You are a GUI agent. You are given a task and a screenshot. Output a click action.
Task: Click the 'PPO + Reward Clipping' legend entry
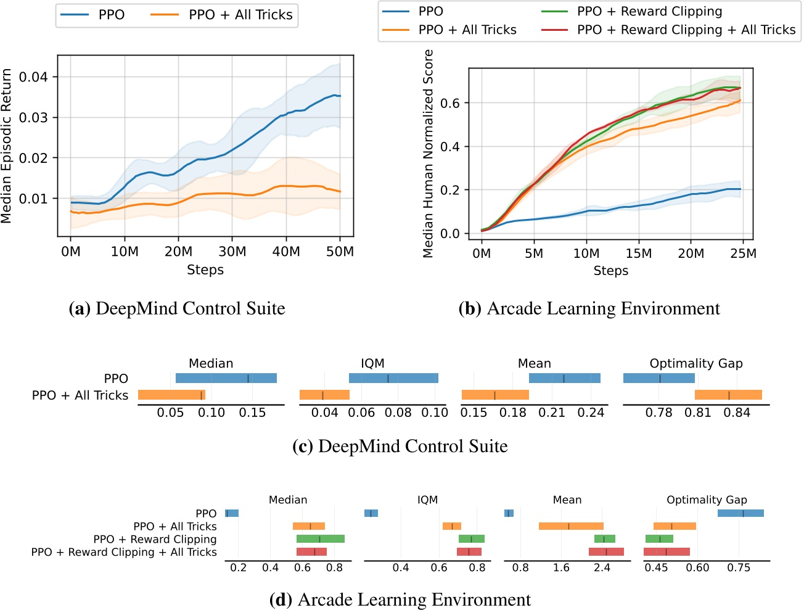point(649,11)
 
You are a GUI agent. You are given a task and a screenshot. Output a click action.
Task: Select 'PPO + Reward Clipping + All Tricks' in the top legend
point(686,30)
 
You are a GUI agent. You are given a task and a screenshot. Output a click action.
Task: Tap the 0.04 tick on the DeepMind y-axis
point(33,77)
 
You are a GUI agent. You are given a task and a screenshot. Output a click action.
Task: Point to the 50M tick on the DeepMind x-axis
point(340,252)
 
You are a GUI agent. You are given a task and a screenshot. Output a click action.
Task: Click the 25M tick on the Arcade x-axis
point(743,253)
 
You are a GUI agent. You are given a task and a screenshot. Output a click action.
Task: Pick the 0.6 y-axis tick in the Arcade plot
point(450,103)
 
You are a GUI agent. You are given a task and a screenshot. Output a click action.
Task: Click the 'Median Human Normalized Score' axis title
point(429,153)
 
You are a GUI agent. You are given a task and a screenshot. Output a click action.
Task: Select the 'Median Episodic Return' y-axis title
point(7,146)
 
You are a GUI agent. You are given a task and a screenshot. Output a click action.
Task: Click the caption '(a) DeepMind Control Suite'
point(177,308)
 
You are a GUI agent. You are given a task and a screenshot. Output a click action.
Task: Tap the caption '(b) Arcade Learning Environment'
point(589,308)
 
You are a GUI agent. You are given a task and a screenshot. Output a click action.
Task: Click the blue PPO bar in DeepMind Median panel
point(226,378)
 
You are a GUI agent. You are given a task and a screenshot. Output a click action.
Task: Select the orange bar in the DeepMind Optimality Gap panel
point(728,395)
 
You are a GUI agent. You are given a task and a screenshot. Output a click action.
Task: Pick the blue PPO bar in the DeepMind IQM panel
point(393,378)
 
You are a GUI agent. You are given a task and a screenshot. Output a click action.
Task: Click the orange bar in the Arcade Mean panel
point(571,526)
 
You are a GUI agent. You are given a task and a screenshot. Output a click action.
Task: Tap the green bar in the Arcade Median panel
point(320,539)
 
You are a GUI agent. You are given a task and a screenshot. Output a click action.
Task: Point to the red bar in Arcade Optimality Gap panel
point(667,552)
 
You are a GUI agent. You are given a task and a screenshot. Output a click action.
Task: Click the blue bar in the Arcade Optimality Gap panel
point(740,513)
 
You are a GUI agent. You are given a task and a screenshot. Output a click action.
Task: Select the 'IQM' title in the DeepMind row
point(372,363)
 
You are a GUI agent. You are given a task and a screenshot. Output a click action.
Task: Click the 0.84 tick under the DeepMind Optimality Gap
point(737,413)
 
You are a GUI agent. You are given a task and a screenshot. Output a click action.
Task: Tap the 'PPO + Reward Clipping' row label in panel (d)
point(155,539)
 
